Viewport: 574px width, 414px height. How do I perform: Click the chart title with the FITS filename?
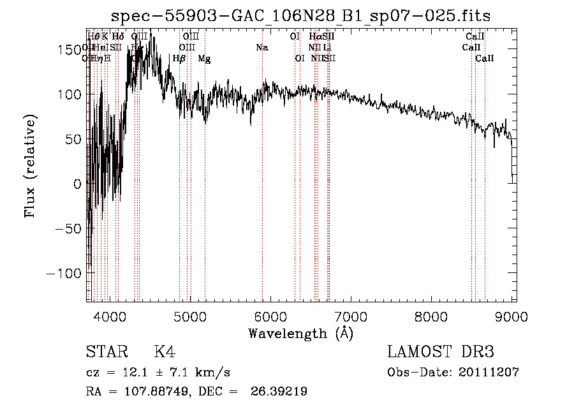(x=300, y=16)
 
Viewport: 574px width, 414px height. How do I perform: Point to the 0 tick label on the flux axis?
(x=78, y=184)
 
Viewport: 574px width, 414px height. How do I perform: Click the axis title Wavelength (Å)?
(x=300, y=333)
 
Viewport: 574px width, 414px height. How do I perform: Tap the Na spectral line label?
(x=261, y=48)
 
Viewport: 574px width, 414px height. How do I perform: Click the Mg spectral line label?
(x=204, y=59)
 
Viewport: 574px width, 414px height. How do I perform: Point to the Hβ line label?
(x=179, y=59)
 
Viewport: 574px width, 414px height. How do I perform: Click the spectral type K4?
(x=164, y=352)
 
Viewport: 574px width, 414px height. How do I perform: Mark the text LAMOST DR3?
(x=440, y=352)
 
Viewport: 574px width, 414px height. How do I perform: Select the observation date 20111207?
(x=489, y=373)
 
